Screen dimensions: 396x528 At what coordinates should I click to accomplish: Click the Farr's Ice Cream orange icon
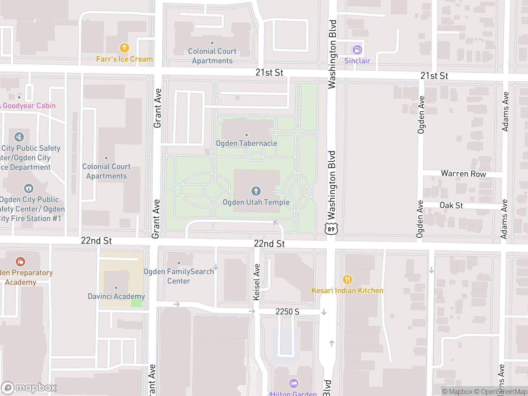pyautogui.click(x=124, y=48)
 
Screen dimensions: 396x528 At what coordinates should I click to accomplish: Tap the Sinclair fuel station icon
pyautogui.click(x=357, y=50)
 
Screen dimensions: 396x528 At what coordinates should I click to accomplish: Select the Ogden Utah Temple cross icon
pyautogui.click(x=256, y=191)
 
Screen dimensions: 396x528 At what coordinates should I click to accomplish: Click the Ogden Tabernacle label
pyautogui.click(x=246, y=143)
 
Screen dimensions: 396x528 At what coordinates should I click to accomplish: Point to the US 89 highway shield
pyautogui.click(x=331, y=229)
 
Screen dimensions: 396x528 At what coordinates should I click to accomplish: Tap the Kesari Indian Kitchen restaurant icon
pyautogui.click(x=347, y=280)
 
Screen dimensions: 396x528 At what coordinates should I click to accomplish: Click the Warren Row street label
pyautogui.click(x=463, y=174)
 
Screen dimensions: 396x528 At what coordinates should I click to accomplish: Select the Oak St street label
pyautogui.click(x=451, y=205)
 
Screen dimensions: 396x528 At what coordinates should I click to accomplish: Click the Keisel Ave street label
pyautogui.click(x=256, y=282)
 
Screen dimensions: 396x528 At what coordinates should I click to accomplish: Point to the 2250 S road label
pyautogui.click(x=287, y=312)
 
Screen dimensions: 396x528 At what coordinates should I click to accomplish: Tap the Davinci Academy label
pyautogui.click(x=116, y=296)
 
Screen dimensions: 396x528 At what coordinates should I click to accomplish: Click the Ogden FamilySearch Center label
pyautogui.click(x=179, y=276)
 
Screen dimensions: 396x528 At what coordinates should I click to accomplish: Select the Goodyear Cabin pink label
pyautogui.click(x=29, y=106)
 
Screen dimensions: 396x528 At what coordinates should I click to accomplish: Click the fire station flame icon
pyautogui.click(x=29, y=188)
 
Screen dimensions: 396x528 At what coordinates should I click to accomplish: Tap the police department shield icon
pyautogui.click(x=19, y=137)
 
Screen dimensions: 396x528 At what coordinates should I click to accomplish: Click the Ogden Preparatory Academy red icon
pyautogui.click(x=20, y=262)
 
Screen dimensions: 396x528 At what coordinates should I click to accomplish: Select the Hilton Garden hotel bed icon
pyautogui.click(x=293, y=383)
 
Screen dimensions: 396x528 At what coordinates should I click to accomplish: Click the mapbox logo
pyautogui.click(x=29, y=388)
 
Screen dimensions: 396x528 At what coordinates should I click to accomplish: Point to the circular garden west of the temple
pyautogui.click(x=213, y=190)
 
